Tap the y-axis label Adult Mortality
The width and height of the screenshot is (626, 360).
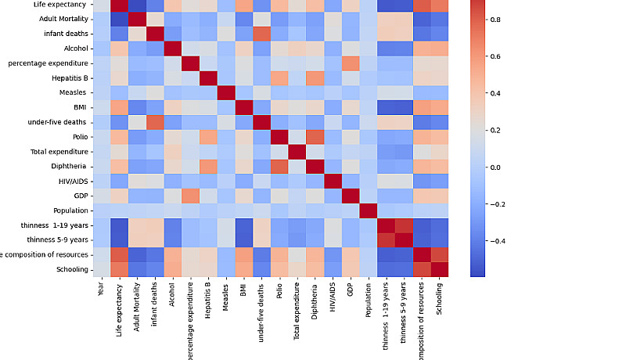point(59,19)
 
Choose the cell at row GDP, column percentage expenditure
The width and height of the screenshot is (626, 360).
point(190,196)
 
